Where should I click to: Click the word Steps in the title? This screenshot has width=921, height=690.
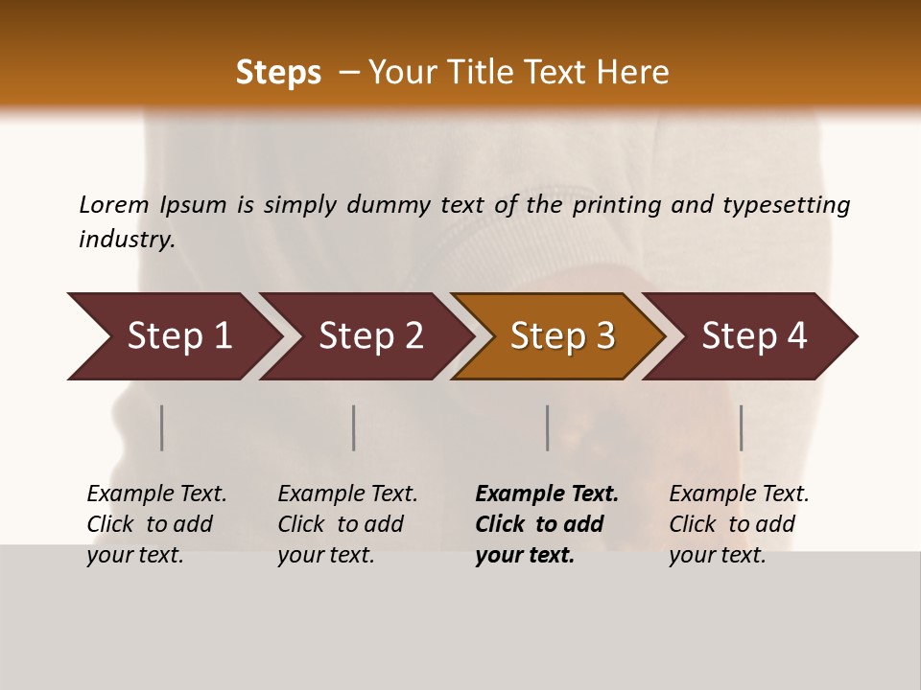278,73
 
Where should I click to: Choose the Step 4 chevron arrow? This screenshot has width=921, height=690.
752,336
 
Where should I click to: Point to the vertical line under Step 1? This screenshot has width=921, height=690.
162,427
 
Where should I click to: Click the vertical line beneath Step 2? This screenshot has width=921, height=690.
354,427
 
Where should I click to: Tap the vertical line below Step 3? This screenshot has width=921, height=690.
548,427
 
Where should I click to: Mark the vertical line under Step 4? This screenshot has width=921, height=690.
742,427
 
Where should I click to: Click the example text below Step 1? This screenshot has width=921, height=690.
155,524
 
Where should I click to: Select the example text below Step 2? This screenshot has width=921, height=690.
346,524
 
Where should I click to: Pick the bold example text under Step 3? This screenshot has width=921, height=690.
546,524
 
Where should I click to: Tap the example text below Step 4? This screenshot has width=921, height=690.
738,524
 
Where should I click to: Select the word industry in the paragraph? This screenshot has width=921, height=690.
126,240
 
